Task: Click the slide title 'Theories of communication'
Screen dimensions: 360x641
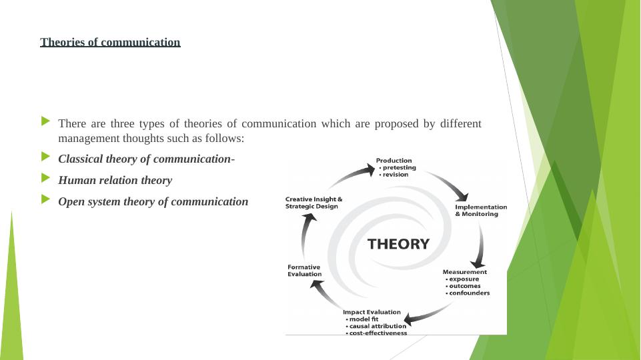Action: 110,43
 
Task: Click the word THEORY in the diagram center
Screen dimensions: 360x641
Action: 398,244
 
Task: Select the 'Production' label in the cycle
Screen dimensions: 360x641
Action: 394,160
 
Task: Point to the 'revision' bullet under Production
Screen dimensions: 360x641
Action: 395,175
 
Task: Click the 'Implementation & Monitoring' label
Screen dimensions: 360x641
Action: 480,210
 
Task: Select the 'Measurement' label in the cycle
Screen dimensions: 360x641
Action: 465,272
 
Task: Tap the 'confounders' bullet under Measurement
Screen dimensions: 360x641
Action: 469,293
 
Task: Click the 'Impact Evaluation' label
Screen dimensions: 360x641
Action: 372,312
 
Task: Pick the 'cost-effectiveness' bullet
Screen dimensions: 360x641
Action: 378,333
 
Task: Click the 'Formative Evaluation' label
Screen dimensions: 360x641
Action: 304,270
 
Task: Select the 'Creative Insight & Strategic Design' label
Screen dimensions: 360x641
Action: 313,203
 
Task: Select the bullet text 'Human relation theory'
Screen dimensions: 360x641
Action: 115,180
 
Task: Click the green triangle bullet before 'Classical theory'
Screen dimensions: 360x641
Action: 45,157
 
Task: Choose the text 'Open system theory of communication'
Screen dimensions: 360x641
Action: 153,201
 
